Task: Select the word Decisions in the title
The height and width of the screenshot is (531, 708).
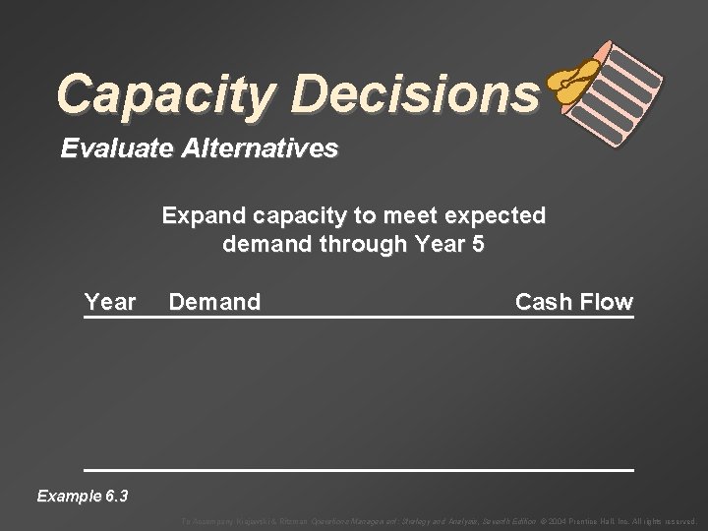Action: (412, 93)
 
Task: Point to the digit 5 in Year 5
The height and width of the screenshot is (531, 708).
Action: (477, 243)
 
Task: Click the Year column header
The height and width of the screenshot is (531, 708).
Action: (110, 302)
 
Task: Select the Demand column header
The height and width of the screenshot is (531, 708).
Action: (215, 302)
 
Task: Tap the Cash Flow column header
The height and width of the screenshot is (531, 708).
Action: (574, 302)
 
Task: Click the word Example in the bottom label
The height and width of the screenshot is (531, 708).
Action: (68, 496)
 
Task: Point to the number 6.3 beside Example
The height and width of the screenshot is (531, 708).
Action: (115, 496)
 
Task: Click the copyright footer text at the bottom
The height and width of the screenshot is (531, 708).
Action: (438, 521)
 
